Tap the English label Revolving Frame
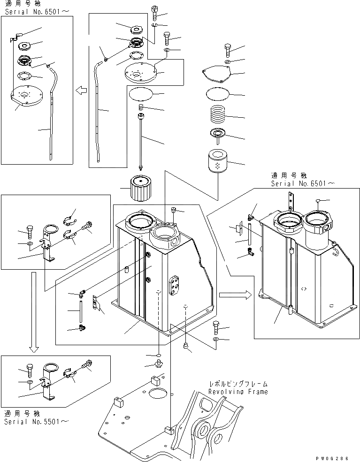pyautogui.click(x=238, y=392)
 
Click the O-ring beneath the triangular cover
pyautogui.click(x=217, y=93)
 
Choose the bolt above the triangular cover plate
pyautogui.click(x=227, y=49)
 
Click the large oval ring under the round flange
pyautogui.click(x=140, y=93)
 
